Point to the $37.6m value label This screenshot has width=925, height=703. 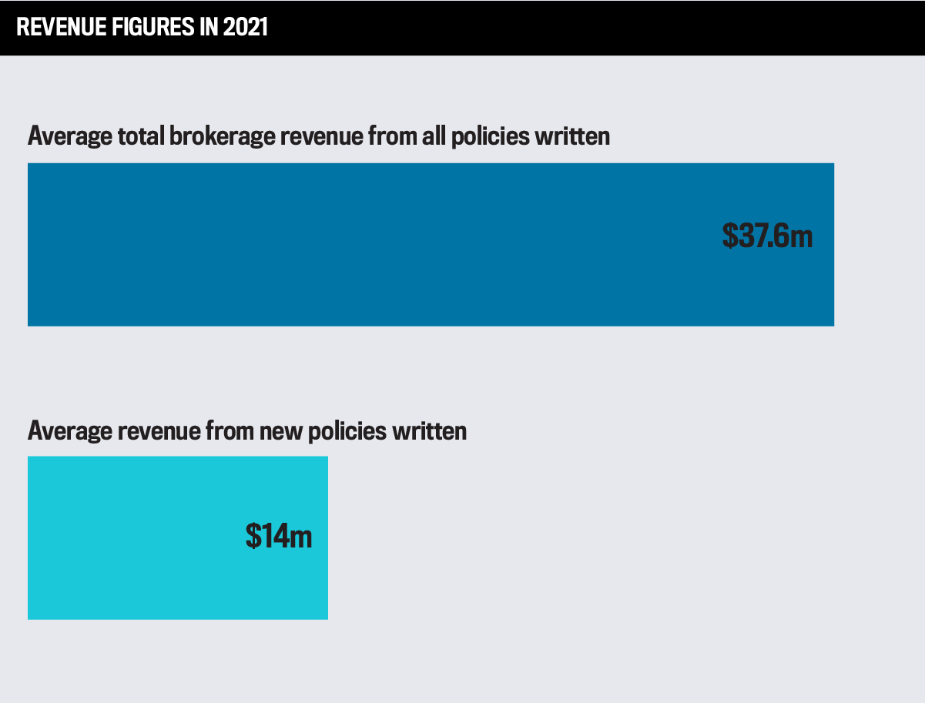tap(767, 236)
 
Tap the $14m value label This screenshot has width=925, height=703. tap(279, 536)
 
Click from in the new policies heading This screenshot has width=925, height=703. tap(229, 431)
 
